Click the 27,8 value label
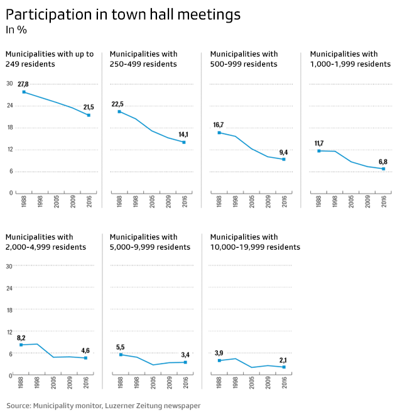(x=23, y=84)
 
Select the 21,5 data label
(x=89, y=108)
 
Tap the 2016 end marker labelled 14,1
(x=184, y=142)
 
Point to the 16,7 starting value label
(x=218, y=125)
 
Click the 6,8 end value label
(x=383, y=161)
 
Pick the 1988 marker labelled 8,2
(x=21, y=345)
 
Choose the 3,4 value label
(x=185, y=354)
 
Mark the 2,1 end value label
(x=284, y=359)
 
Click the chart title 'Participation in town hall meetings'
(x=123, y=14)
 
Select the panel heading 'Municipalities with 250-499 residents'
(x=143, y=59)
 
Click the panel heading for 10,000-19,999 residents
(x=255, y=242)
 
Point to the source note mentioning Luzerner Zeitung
(x=104, y=406)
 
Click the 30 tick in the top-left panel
(x=9, y=84)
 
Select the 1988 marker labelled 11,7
(x=319, y=151)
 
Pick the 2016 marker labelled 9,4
(x=284, y=159)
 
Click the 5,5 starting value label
(x=121, y=347)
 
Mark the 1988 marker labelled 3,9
(x=219, y=360)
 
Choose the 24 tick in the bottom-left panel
(x=9, y=288)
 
